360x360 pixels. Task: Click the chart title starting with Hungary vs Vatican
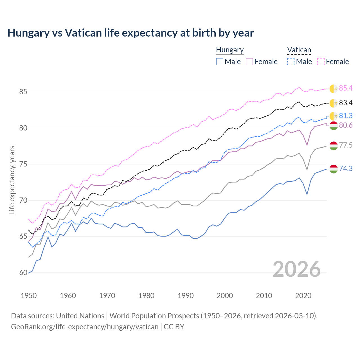(130, 33)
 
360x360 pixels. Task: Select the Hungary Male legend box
(220, 62)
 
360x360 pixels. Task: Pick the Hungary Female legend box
(249, 62)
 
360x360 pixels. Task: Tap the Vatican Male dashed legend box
(291, 62)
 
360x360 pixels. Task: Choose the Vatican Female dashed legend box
(321, 62)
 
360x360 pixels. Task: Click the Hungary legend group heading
(229, 50)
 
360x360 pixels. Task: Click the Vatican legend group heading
(299, 50)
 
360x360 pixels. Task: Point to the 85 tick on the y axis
(15, 92)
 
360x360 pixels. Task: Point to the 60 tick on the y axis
(15, 273)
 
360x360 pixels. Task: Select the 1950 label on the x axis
(29, 296)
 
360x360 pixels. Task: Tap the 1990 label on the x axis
(186, 296)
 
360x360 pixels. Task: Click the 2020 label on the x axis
(303, 296)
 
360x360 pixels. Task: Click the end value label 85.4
(346, 88)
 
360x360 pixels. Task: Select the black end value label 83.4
(346, 103)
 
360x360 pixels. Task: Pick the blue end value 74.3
(346, 168)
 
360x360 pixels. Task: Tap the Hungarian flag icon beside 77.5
(334, 146)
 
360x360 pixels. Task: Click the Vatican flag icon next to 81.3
(334, 116)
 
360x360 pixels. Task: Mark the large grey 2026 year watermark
(296, 269)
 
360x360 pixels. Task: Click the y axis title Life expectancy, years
(12, 180)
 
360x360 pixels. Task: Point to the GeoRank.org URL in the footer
(84, 327)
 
